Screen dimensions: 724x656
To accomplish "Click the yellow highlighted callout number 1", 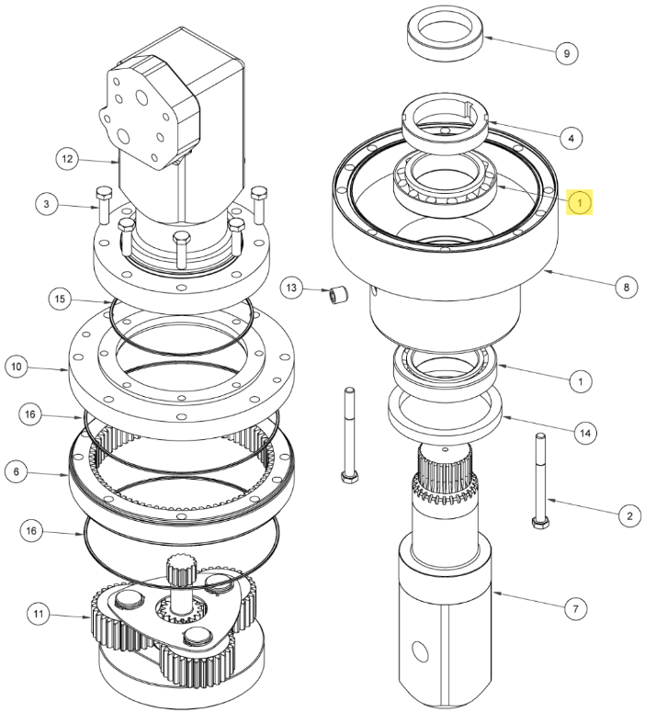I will [580, 199].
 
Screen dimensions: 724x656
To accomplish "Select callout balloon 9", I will [567, 53].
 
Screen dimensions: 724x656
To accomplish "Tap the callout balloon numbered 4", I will [571, 138].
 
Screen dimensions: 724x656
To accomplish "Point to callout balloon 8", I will [626, 288].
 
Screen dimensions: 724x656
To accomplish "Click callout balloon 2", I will [628, 516].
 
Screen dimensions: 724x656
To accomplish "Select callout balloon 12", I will [65, 159].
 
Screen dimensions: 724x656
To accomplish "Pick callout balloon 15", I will [59, 300].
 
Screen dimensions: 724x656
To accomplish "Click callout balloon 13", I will [293, 289].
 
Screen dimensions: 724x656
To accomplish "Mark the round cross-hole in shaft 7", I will [422, 650].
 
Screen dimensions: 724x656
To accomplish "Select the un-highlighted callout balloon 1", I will [580, 379].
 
